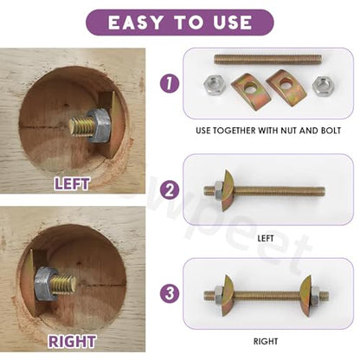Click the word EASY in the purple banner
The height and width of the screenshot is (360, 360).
[135, 22]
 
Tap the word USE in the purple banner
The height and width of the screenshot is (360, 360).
[233, 22]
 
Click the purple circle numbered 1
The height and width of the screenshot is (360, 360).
[170, 83]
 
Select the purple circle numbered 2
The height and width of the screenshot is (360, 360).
[170, 190]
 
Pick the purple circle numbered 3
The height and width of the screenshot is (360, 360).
[170, 293]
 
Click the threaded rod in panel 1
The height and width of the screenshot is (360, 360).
[268, 60]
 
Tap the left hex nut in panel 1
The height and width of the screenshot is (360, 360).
[215, 85]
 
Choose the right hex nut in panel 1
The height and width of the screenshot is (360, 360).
[323, 86]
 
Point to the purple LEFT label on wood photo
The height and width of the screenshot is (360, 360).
[72, 183]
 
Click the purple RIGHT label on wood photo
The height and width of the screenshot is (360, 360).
[72, 342]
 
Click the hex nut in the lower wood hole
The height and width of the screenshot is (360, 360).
[46, 284]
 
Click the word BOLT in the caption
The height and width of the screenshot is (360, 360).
[331, 131]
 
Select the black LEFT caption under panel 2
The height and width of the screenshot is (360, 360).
[266, 239]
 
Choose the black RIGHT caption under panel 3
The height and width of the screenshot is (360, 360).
[266, 342]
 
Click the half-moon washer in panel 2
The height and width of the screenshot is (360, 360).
[227, 190]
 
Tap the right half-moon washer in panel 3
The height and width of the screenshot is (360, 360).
[305, 296]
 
